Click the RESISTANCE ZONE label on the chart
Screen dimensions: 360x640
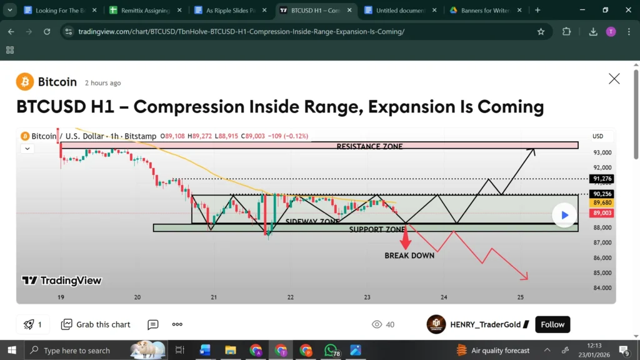(x=369, y=146)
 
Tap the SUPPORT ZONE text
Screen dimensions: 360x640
(x=377, y=229)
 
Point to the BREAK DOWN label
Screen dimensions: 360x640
(x=409, y=256)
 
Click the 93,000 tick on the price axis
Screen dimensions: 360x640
(x=602, y=152)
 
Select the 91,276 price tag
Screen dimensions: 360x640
(x=602, y=179)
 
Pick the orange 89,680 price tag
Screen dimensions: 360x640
(x=602, y=203)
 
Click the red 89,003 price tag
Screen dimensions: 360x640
(x=602, y=213)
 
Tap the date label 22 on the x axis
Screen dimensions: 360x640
(x=291, y=297)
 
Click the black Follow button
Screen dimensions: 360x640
(x=552, y=324)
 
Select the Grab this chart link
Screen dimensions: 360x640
(x=96, y=324)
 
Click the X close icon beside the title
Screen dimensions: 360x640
(x=614, y=79)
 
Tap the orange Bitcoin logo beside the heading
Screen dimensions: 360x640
(x=25, y=82)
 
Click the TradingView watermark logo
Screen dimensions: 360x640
(x=61, y=281)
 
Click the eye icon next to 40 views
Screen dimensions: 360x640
(x=377, y=324)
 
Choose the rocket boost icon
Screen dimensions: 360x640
(x=28, y=324)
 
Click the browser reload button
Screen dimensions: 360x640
(x=47, y=32)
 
